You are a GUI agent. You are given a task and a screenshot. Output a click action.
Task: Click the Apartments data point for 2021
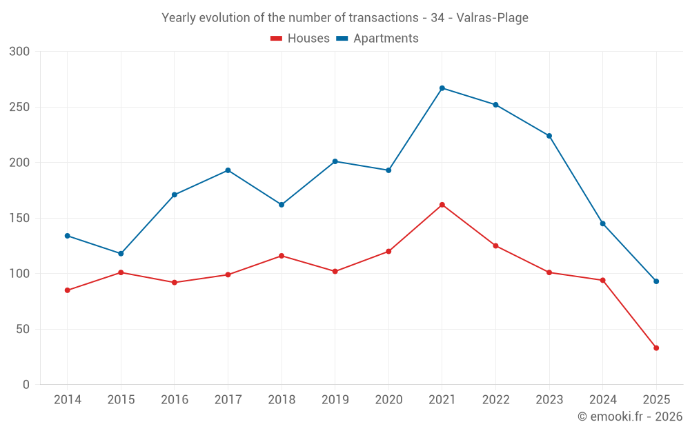(442, 88)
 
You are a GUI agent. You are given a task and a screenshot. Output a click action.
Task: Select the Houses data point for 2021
(442, 205)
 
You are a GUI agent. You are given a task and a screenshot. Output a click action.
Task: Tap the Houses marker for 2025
(656, 348)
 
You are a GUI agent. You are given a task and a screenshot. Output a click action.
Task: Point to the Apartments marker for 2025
(656, 281)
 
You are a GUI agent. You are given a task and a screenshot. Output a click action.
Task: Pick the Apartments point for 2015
(121, 254)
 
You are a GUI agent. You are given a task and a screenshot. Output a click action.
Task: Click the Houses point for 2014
(68, 290)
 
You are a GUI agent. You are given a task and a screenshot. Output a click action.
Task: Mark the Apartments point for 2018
(282, 205)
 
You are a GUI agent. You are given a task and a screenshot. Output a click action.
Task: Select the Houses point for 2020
(388, 251)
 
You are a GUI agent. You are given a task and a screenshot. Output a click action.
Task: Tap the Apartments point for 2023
(549, 136)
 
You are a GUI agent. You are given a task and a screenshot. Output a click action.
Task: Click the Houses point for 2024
(602, 280)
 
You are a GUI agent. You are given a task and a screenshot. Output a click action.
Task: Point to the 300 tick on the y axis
(20, 52)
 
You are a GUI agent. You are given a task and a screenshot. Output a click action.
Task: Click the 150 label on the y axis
(20, 218)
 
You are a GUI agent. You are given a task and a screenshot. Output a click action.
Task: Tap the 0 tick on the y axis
(26, 385)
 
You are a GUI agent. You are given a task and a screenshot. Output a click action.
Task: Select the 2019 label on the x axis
(335, 400)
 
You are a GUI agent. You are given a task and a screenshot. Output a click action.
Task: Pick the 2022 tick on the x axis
(495, 400)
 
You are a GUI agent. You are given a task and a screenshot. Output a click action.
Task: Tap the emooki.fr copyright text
(630, 417)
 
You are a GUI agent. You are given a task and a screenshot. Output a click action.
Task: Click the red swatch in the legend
(276, 39)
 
